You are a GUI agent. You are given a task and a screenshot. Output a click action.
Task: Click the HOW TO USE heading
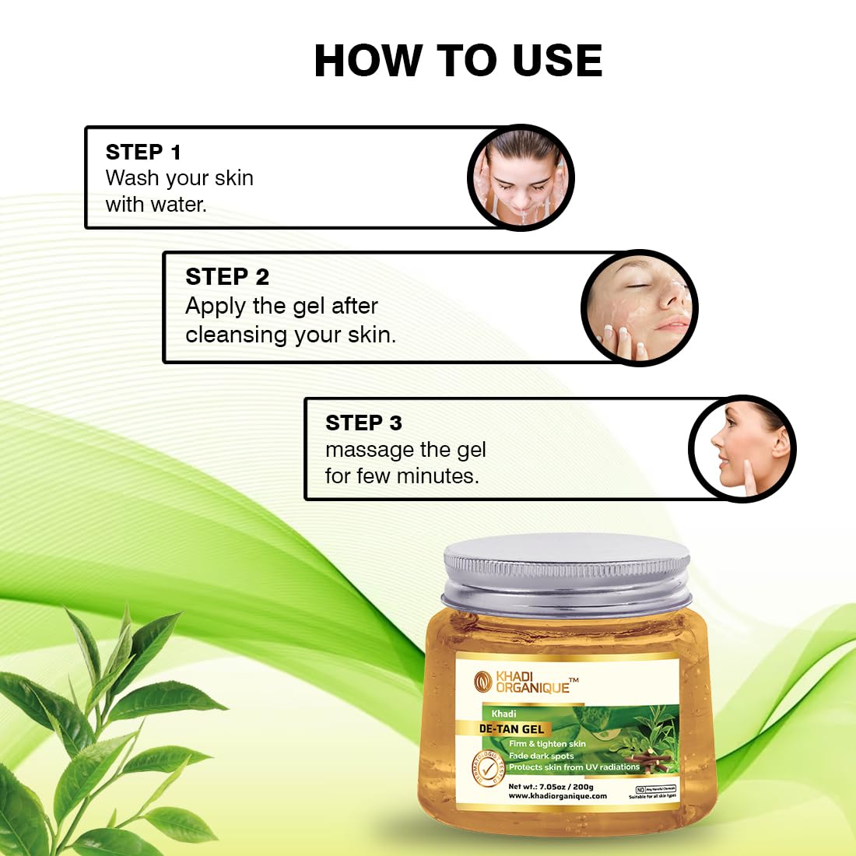[x=458, y=61]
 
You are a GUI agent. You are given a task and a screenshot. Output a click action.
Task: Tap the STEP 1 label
[x=143, y=152]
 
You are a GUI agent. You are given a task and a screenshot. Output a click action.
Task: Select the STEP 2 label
[x=226, y=276]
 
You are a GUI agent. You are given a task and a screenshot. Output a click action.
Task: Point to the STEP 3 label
[x=363, y=423]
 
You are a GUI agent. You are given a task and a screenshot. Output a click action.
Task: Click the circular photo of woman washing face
[x=520, y=177]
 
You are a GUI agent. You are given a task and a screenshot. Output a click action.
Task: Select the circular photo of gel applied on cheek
[x=639, y=308]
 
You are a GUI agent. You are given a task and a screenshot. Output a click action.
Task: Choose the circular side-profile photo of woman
[x=742, y=449]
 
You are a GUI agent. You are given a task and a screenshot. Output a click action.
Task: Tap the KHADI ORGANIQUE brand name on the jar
[x=533, y=682]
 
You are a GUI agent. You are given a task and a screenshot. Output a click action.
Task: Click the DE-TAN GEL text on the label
[x=511, y=729]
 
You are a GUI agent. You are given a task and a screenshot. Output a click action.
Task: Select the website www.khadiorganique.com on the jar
[x=557, y=796]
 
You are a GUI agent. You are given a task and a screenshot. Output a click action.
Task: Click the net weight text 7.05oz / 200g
[x=551, y=786]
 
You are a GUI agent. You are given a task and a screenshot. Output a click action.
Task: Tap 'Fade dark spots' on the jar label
[x=541, y=756]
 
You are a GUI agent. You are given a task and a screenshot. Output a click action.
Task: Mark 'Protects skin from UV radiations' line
[x=574, y=767]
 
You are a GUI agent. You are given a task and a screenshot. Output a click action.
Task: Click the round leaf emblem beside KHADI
[x=483, y=682]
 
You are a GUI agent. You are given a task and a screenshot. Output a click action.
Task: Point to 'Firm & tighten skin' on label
[x=547, y=744]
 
